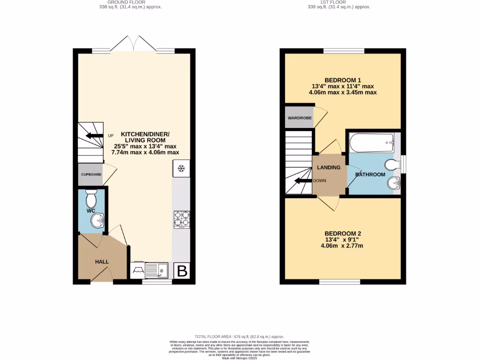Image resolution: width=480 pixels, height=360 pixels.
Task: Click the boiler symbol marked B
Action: point(182,270)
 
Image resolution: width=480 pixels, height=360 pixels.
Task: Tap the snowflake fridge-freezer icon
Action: point(181,168)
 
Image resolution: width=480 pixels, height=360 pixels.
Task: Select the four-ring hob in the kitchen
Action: point(182,219)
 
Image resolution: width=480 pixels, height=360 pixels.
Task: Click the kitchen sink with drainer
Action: point(157,270)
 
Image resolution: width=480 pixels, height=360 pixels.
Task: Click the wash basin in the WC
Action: point(98,221)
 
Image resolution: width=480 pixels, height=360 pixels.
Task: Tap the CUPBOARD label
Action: point(91,174)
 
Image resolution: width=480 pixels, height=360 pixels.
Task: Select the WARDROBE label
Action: point(300,118)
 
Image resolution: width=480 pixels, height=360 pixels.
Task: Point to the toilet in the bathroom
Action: point(391,165)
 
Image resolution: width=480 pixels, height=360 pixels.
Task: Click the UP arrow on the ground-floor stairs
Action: point(94,136)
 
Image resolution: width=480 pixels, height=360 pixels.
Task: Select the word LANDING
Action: point(329,167)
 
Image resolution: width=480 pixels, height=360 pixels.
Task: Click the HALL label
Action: point(102,262)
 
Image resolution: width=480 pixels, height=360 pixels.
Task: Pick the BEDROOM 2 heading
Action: point(344,233)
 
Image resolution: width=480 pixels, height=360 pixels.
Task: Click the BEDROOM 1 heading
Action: point(343,80)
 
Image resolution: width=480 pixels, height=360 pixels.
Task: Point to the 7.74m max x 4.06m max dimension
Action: point(145,152)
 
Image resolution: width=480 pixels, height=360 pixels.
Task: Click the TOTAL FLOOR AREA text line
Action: point(240,337)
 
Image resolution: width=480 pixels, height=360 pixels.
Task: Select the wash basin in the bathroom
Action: point(392,184)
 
